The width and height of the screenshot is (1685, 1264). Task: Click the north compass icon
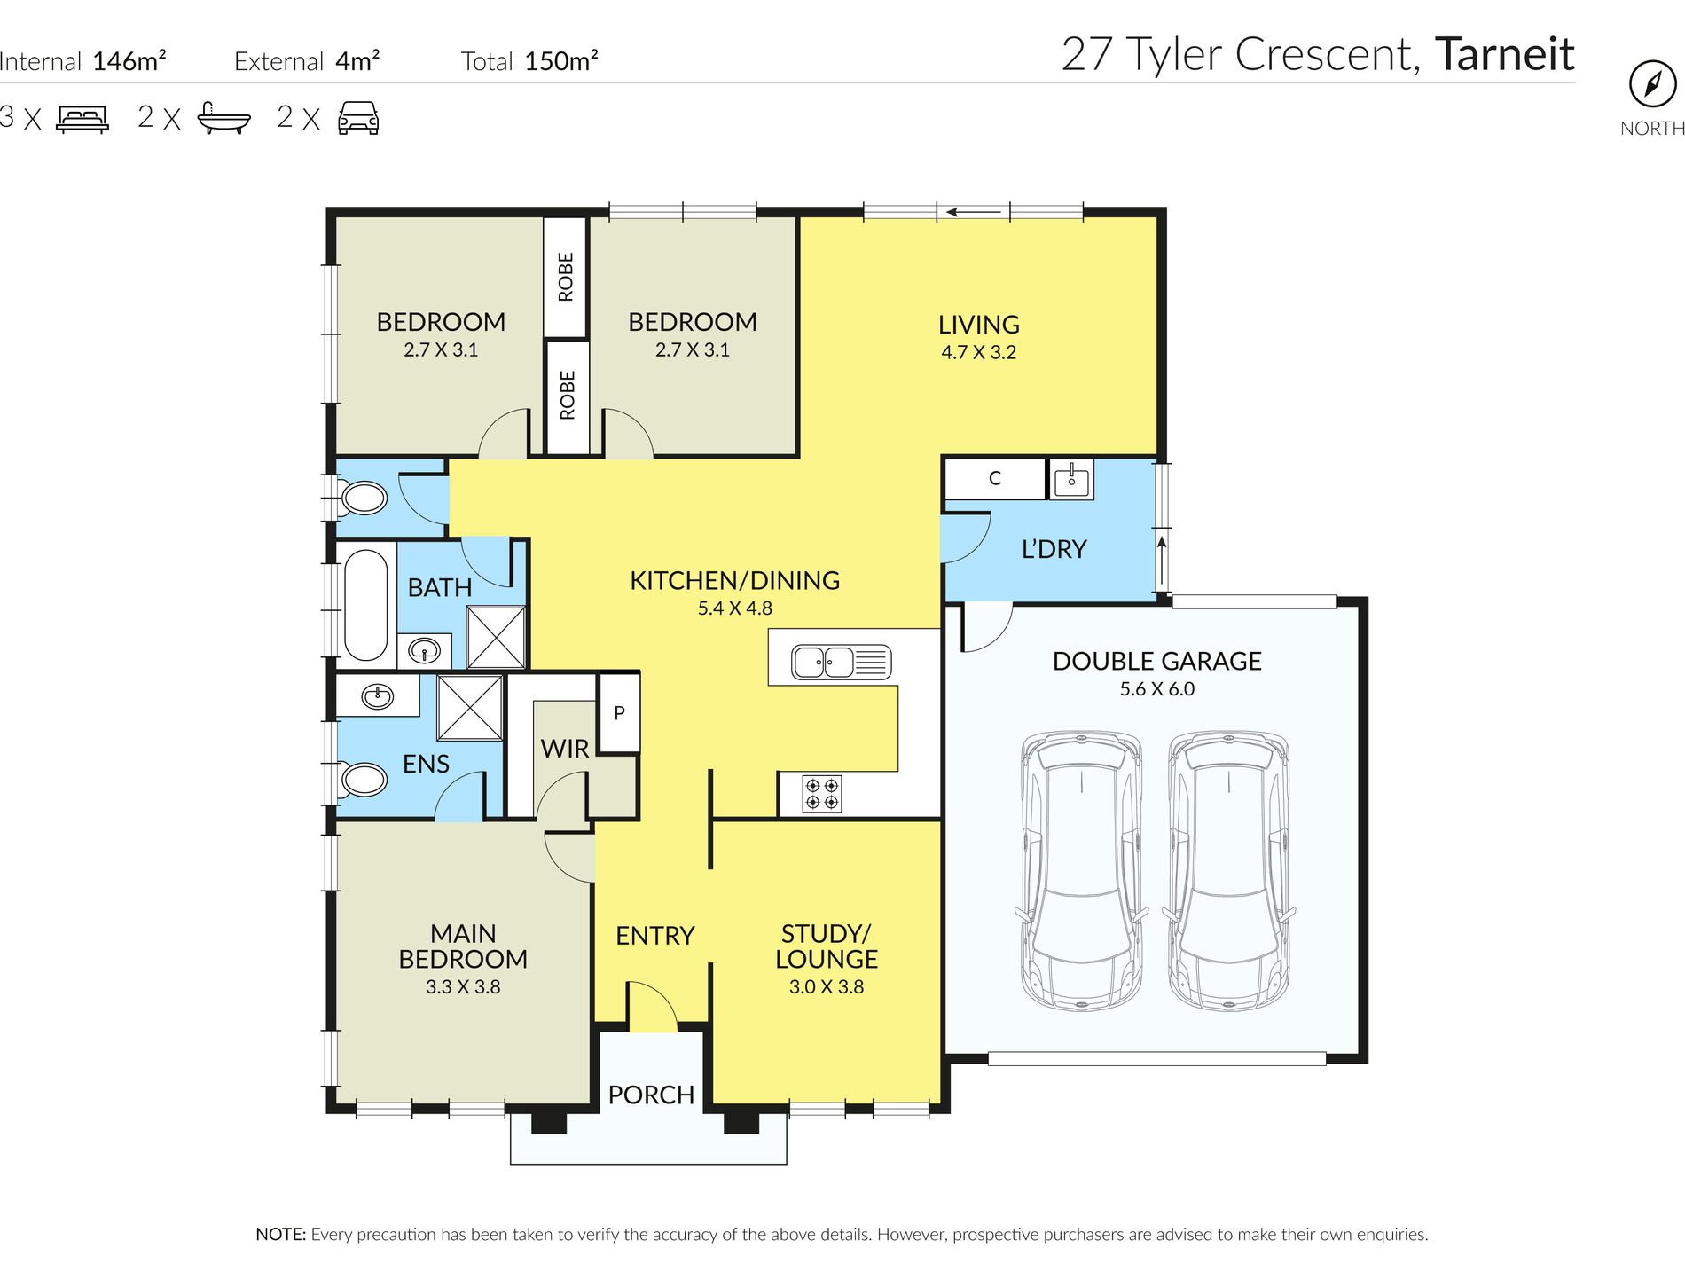(x=1652, y=84)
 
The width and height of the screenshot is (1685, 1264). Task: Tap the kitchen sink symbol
(x=841, y=662)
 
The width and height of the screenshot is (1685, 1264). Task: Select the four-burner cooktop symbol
(x=821, y=793)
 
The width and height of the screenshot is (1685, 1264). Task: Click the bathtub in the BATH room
(x=365, y=605)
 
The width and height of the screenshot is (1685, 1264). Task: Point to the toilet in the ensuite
(x=364, y=780)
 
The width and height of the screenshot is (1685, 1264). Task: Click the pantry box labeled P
(x=619, y=713)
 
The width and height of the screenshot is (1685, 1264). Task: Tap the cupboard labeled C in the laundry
(x=994, y=479)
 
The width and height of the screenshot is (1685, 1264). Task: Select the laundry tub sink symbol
(x=1071, y=480)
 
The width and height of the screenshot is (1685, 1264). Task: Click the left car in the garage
(x=1081, y=870)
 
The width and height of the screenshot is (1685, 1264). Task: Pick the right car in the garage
(x=1228, y=870)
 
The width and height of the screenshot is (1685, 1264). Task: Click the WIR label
(x=565, y=749)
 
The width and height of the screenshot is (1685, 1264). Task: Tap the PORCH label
(x=651, y=1095)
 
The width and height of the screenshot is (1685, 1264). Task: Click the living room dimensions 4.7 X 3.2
(x=978, y=352)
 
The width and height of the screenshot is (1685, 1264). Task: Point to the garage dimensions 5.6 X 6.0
(x=1156, y=689)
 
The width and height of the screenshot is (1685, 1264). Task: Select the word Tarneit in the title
(x=1504, y=54)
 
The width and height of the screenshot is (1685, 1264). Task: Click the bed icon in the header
(x=82, y=118)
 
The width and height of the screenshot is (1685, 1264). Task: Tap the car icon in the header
(x=358, y=118)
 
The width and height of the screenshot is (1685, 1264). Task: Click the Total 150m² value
(x=560, y=61)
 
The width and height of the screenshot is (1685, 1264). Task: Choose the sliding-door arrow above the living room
(x=973, y=212)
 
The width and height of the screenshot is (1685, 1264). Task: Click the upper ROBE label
(x=566, y=277)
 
